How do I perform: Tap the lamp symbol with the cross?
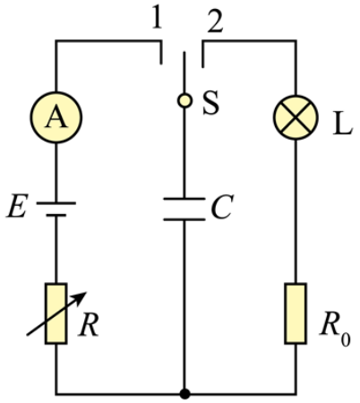(296, 117)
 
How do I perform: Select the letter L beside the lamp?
(343, 125)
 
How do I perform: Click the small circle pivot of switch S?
(184, 100)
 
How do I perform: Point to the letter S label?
(210, 103)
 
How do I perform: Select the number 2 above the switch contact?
(215, 22)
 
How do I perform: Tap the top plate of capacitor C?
(184, 199)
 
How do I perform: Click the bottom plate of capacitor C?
(184, 219)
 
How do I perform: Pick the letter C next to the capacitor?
(222, 207)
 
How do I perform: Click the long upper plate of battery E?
(56, 203)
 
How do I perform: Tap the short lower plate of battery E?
(56, 215)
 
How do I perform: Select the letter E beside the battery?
(17, 206)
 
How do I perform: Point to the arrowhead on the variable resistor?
(81, 297)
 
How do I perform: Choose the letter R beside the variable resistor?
(89, 325)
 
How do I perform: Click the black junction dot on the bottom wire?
(184, 394)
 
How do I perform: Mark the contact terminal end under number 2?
(203, 67)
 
